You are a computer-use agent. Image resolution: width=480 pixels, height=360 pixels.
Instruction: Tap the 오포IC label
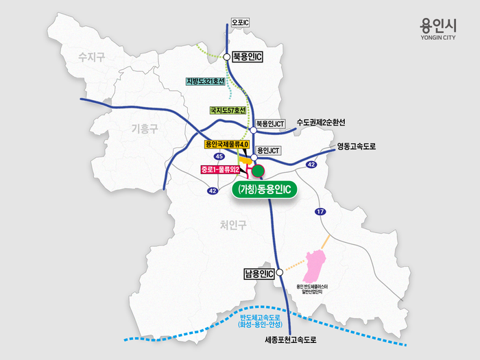tap(240, 23)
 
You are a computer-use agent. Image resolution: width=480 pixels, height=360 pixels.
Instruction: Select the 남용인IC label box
tap(259, 274)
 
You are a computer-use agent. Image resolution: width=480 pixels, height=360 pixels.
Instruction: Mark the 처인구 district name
tap(235, 224)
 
